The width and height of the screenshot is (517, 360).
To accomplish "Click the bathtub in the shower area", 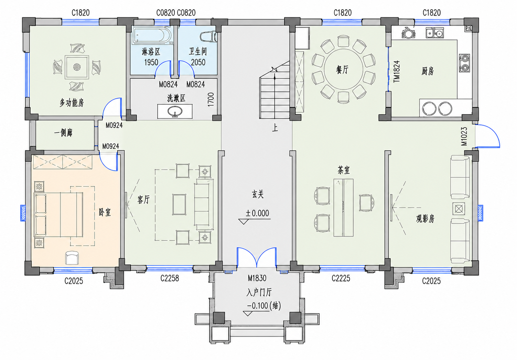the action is (152, 36).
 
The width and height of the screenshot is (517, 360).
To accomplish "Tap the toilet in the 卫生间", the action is (208, 37).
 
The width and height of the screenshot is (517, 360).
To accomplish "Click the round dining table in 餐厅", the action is (343, 68).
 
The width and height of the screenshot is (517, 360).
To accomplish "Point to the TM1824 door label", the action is (397, 71).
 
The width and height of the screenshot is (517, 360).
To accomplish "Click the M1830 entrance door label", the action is (257, 278).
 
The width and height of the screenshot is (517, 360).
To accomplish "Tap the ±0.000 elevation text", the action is (257, 213).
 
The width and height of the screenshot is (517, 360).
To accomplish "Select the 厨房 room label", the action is (428, 71).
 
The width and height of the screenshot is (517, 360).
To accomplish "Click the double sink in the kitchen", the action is (434, 33).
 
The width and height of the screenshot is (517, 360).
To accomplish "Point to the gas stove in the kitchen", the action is (464, 63).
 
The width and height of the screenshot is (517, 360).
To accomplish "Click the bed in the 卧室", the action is (58, 215).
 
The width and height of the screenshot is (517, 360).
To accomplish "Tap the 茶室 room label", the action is (343, 170).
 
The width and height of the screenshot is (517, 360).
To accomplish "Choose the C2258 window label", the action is (170, 278).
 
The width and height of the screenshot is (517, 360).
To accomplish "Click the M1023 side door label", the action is (464, 137).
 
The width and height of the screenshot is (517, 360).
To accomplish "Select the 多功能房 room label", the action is (72, 103).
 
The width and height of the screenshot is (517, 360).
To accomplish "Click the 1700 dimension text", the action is (211, 99).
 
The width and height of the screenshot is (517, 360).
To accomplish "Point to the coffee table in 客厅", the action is (179, 205).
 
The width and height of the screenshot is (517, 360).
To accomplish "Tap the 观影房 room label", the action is (425, 219).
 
